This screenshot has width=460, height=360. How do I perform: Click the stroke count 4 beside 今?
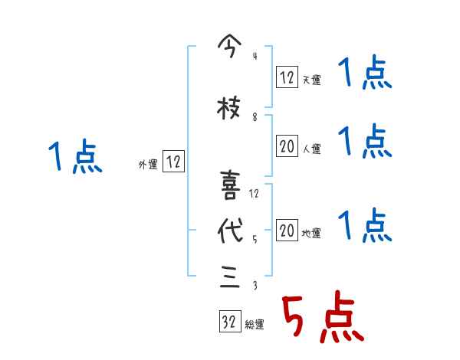(255, 55)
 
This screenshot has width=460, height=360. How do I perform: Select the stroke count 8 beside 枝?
(255, 117)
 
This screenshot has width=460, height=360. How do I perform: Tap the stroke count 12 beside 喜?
(255, 193)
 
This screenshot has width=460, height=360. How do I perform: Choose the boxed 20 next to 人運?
(287, 146)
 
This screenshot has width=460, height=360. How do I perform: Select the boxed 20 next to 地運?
(287, 230)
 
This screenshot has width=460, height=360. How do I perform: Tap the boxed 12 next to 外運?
(173, 162)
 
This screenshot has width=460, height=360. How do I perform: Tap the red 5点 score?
(321, 319)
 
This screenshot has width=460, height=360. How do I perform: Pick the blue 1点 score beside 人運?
(365, 142)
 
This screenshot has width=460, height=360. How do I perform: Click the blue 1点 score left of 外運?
(74, 157)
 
